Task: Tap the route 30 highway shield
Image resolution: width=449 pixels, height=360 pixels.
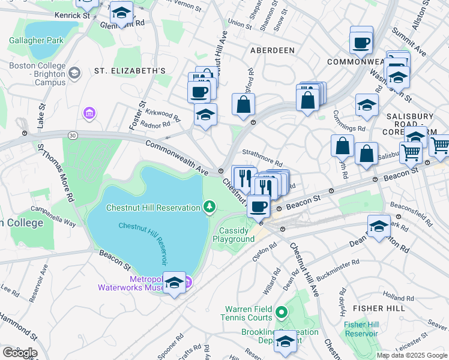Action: point(72,136)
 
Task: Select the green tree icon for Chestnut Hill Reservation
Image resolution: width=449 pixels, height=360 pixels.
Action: point(209,208)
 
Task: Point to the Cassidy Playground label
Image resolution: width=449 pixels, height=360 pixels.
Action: point(234,235)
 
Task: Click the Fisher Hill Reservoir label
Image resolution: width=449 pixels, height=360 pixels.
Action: point(361,329)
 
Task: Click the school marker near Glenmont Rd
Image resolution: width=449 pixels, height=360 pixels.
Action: point(121,13)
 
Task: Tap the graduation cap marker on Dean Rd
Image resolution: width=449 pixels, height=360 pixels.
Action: point(379,227)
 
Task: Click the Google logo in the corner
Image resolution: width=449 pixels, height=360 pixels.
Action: point(19,353)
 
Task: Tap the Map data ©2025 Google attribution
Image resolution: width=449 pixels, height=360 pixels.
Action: point(411,355)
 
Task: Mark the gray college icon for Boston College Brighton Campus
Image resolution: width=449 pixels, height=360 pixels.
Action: point(74,73)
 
